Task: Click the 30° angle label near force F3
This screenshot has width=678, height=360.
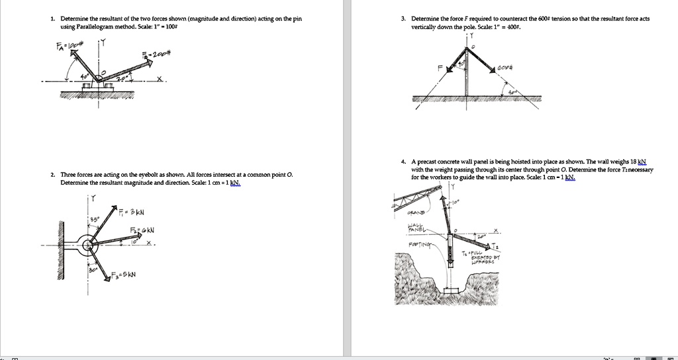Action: (93, 271)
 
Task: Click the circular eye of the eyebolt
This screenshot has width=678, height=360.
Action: (87, 246)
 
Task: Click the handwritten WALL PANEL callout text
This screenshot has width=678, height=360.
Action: (414, 229)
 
